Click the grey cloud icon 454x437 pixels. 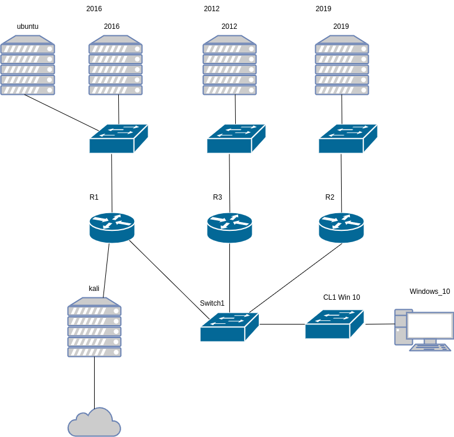(x=94, y=424)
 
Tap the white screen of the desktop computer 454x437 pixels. (x=430, y=326)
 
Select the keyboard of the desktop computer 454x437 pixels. (x=430, y=347)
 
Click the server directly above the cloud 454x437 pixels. (x=94, y=327)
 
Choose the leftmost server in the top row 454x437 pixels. (x=28, y=65)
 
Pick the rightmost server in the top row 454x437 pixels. (x=342, y=65)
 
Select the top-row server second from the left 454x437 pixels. (x=115, y=65)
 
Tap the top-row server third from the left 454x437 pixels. (x=229, y=65)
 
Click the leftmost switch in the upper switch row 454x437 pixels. (x=118, y=139)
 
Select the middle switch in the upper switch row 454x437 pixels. (x=235, y=139)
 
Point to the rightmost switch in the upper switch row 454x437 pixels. (x=347, y=139)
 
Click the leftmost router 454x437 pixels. (x=112, y=227)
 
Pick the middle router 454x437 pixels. (x=229, y=227)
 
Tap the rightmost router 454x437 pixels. (x=341, y=227)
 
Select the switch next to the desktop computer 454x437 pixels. (x=333, y=325)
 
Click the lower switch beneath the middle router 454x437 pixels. (x=229, y=327)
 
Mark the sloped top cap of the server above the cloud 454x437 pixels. (x=94, y=302)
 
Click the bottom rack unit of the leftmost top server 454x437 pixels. (x=28, y=90)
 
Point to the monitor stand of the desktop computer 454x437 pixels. (x=430, y=342)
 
